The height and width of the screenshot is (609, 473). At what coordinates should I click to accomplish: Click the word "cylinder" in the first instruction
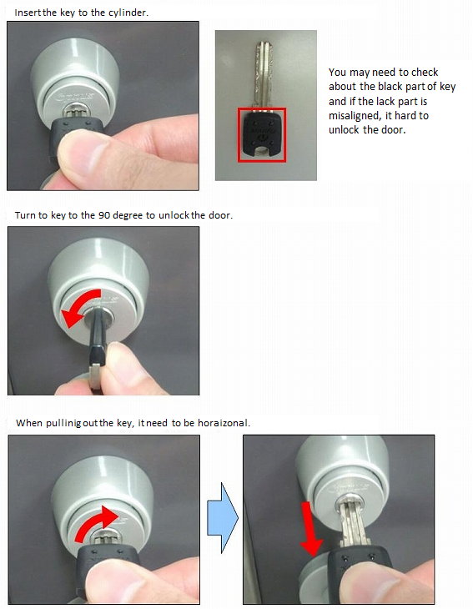pyautogui.click(x=127, y=13)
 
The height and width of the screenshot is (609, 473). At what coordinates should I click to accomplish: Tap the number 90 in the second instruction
pyautogui.click(x=104, y=215)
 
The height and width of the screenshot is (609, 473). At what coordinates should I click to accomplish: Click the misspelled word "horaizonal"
pyautogui.click(x=223, y=423)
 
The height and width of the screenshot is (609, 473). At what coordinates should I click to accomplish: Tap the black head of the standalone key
pyautogui.click(x=262, y=134)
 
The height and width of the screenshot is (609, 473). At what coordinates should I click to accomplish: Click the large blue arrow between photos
pyautogui.click(x=223, y=518)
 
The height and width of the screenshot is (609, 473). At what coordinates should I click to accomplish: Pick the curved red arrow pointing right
pyautogui.click(x=95, y=522)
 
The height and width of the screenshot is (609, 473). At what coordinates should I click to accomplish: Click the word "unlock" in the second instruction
pyautogui.click(x=174, y=215)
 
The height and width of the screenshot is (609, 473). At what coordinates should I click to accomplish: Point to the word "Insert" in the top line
pyautogui.click(x=28, y=13)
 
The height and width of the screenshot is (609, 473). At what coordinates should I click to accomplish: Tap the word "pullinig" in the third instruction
pyautogui.click(x=63, y=423)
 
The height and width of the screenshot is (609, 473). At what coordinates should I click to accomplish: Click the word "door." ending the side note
pyautogui.click(x=394, y=129)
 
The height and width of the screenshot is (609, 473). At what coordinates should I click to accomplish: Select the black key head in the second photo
pyautogui.click(x=97, y=350)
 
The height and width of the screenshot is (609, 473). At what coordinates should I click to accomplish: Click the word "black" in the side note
pyautogui.click(x=390, y=86)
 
